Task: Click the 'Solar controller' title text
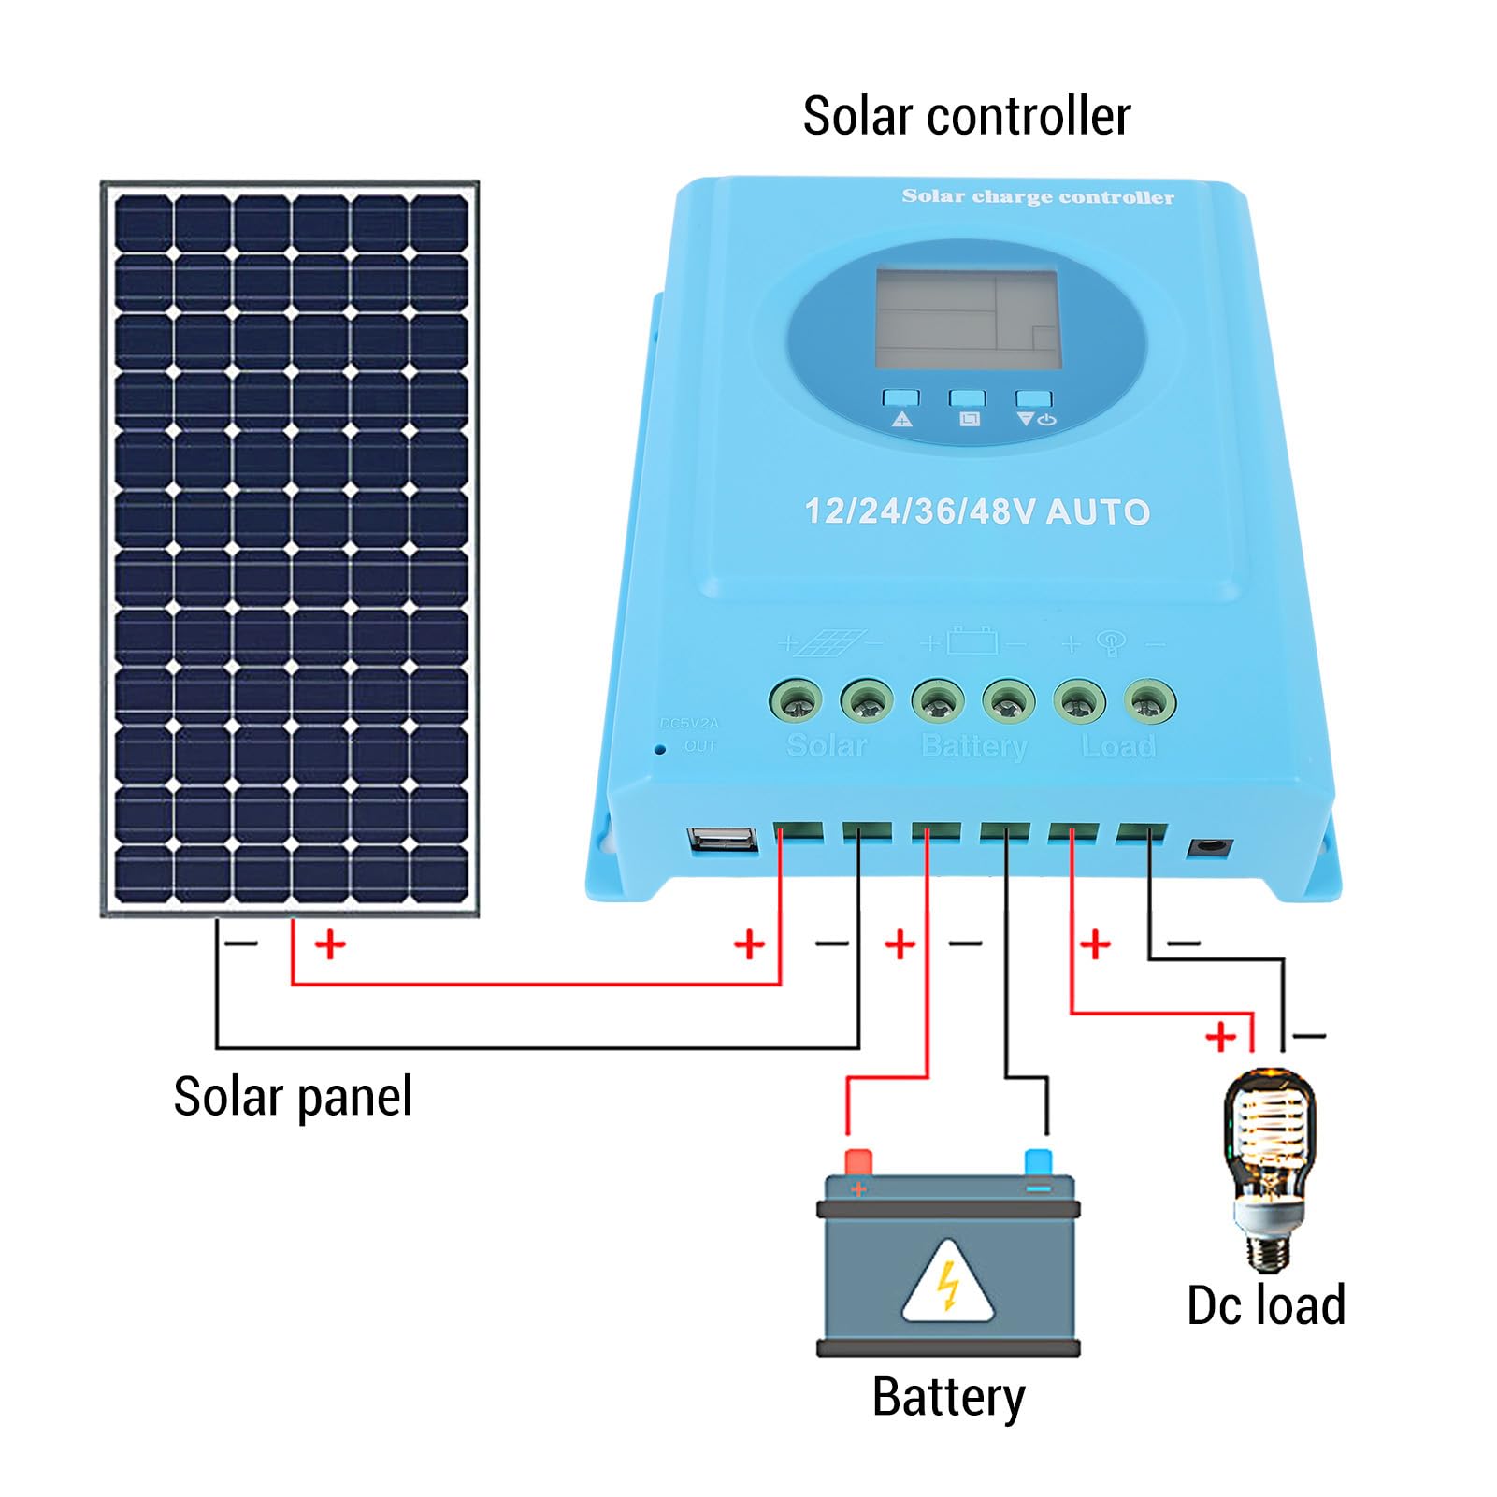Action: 966,117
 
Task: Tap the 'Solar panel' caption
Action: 293,1096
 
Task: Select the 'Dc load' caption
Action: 1265,1305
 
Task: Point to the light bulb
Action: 1268,1169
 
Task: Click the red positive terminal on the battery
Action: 857,1162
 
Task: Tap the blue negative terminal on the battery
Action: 1038,1162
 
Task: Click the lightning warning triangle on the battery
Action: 948,1285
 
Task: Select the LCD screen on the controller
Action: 966,319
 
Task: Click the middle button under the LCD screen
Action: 967,398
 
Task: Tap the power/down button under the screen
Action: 1033,399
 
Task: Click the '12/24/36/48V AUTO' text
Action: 977,511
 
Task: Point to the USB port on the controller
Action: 722,840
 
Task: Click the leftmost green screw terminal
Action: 796,701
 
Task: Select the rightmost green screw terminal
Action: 1149,701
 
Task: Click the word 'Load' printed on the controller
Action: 1118,746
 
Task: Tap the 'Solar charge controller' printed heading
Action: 1037,196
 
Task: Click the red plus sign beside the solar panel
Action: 330,944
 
